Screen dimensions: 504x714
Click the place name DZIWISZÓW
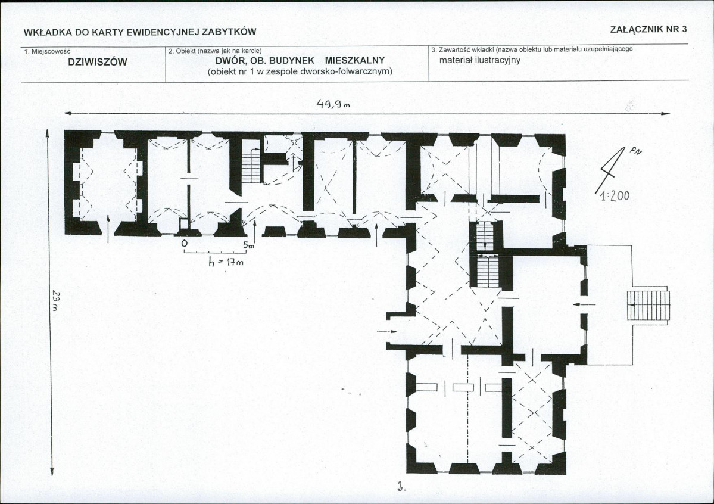coord(93,62)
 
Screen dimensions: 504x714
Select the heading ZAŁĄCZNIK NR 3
coord(648,29)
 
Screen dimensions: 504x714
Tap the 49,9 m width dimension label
coord(333,105)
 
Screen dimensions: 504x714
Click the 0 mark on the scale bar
coord(184,244)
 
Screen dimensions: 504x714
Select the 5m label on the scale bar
coord(248,244)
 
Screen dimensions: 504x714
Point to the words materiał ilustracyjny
coord(480,60)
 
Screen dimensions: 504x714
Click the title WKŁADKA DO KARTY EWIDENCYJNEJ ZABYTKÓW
coord(139,32)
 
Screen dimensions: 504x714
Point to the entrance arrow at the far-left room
coord(108,227)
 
